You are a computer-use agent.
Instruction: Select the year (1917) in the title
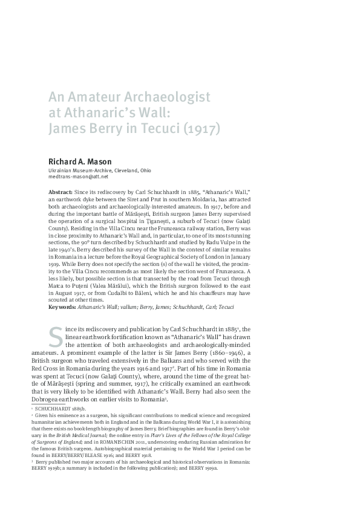click(199, 129)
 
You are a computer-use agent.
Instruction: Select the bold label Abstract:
click(61, 191)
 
